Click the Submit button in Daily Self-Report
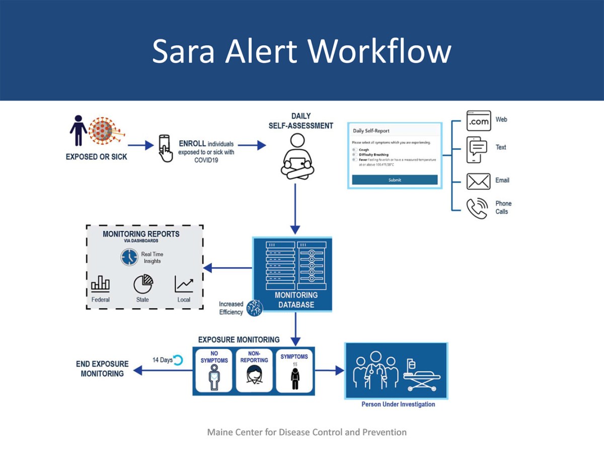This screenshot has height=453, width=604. (395, 180)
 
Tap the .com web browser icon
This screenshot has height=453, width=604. (478, 121)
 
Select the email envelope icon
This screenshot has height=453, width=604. (478, 181)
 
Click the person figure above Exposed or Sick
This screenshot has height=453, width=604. (78, 130)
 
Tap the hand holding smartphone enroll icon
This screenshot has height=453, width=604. (165, 147)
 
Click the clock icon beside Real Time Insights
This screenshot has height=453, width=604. (129, 257)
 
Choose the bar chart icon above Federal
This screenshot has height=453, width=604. (100, 284)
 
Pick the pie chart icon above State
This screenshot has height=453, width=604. (143, 284)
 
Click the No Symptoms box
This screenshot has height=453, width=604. (214, 370)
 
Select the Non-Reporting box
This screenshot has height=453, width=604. (254, 370)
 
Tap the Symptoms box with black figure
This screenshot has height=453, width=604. (294, 370)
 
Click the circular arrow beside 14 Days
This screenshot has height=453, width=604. (178, 359)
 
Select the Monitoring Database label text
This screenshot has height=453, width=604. (296, 299)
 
